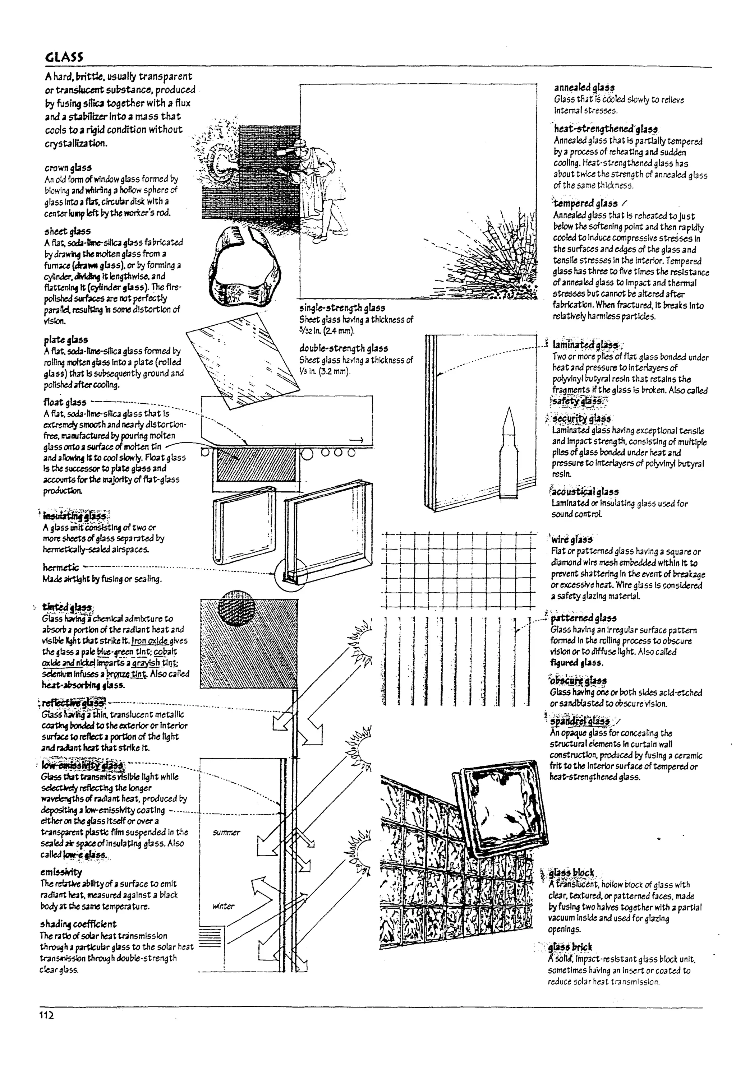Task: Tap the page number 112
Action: tap(47, 1015)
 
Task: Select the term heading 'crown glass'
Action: tap(68, 167)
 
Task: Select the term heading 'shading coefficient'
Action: tap(78, 924)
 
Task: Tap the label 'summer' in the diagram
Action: tap(226, 833)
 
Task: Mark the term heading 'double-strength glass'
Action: tap(344, 348)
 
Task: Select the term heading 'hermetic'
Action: tap(61, 567)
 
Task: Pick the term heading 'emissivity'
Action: tap(61, 872)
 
